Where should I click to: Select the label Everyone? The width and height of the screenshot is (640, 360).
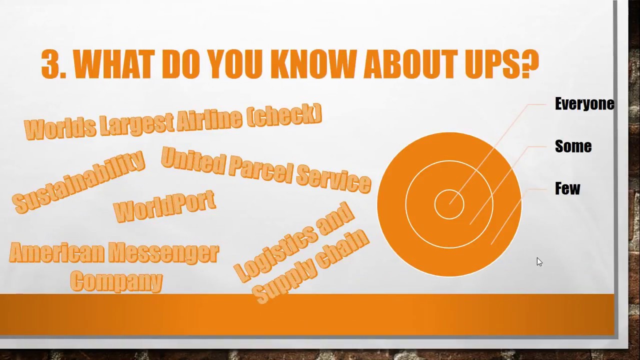coord(584,103)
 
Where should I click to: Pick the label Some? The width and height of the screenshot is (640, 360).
coord(573,146)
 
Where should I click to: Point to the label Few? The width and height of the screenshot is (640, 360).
coord(567,188)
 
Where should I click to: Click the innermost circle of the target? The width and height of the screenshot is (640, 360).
coord(449,204)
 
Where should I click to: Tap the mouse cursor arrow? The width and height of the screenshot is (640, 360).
coord(539,262)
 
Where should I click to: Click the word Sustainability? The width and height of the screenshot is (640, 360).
coord(78,182)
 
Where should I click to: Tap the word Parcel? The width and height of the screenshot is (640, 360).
coord(261,169)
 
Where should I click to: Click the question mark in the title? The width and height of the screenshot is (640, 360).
coord(530,64)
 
